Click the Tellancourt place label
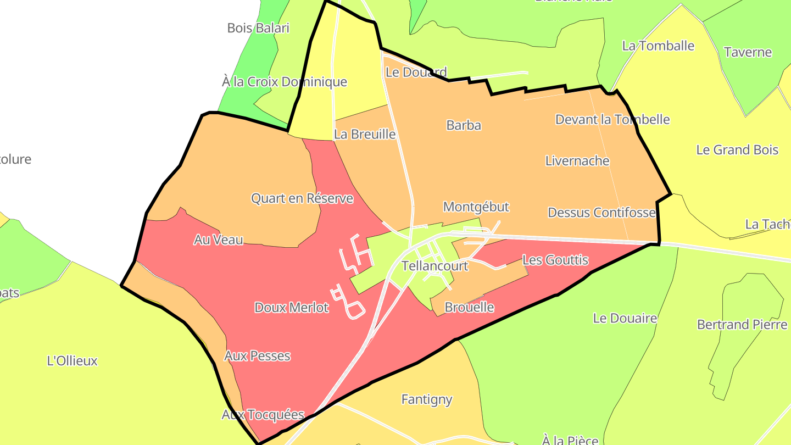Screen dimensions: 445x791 (x=435, y=266)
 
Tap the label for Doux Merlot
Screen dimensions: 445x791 (x=291, y=308)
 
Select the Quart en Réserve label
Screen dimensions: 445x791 (x=302, y=198)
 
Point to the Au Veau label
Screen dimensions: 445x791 (x=218, y=240)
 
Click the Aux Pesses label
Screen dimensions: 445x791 (x=257, y=356)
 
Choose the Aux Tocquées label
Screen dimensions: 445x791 (x=263, y=415)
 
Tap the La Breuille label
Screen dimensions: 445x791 (x=365, y=134)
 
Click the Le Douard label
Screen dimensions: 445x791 (x=416, y=72)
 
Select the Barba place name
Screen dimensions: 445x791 (x=464, y=125)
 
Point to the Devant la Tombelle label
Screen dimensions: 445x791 (x=612, y=119)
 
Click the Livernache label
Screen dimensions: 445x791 (x=577, y=161)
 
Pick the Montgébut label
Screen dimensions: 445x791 (x=476, y=207)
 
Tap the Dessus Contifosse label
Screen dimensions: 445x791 (x=601, y=213)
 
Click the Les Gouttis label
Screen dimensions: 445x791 (x=555, y=260)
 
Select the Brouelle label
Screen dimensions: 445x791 (x=469, y=308)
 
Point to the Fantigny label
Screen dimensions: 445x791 (x=427, y=399)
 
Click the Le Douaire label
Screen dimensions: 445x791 (x=625, y=318)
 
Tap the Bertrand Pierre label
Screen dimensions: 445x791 (x=742, y=325)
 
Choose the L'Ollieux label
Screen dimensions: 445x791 (x=72, y=361)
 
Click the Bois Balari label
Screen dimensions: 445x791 (x=258, y=28)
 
